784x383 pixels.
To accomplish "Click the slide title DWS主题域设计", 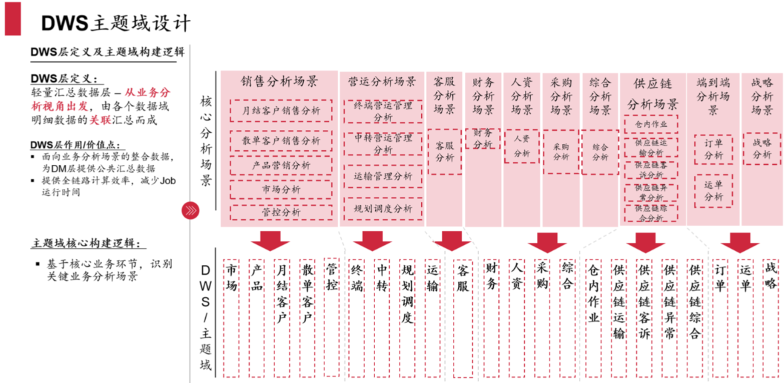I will (116, 23).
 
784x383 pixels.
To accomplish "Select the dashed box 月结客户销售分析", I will (281, 110).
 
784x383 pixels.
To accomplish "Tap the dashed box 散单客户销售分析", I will (281, 141).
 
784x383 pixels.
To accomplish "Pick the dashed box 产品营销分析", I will (281, 165).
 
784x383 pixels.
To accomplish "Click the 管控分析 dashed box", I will (281, 212).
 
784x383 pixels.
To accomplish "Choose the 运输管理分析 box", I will (383, 176).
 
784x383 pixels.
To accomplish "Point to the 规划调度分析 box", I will (383, 208).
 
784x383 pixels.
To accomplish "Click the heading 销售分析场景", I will (279, 81).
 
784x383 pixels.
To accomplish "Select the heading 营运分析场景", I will (382, 82).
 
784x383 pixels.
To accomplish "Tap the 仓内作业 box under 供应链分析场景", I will (650, 124).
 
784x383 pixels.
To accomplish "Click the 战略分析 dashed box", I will (761, 149).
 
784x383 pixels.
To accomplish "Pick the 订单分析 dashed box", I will (713, 149).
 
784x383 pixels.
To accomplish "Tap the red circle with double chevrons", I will (190, 211).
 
